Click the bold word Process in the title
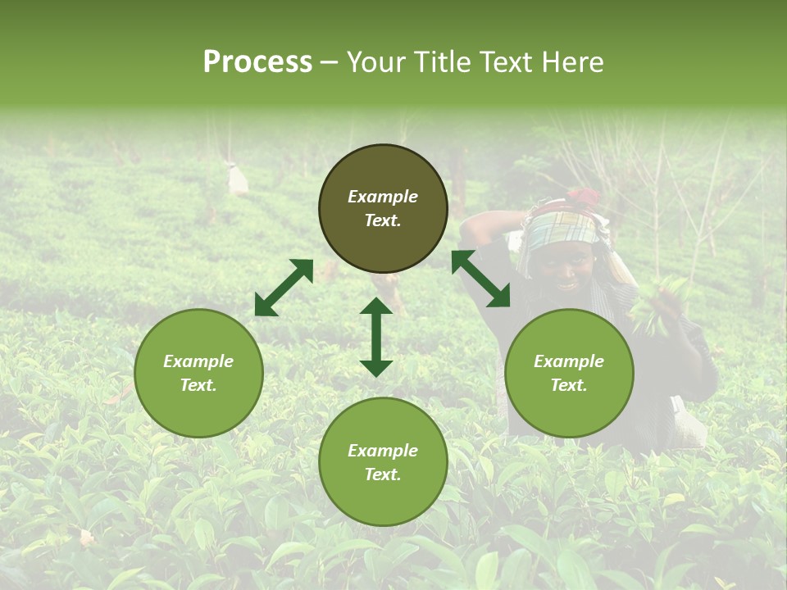[x=257, y=62]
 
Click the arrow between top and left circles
[x=284, y=288]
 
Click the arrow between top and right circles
[x=480, y=279]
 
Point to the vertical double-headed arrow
[x=376, y=337]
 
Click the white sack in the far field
[x=237, y=179]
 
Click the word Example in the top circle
[x=383, y=197]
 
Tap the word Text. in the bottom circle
[x=383, y=474]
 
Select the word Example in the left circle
[x=198, y=361]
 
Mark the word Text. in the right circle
[x=569, y=385]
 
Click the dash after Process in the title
[x=329, y=62]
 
